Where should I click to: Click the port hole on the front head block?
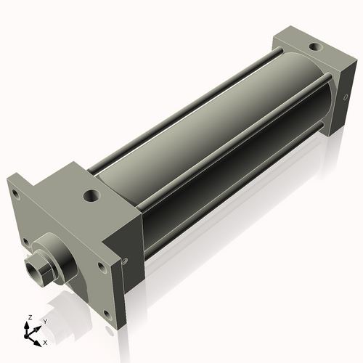tap(91, 195)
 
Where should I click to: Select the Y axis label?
tap(44, 321)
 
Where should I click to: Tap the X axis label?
tap(45, 341)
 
